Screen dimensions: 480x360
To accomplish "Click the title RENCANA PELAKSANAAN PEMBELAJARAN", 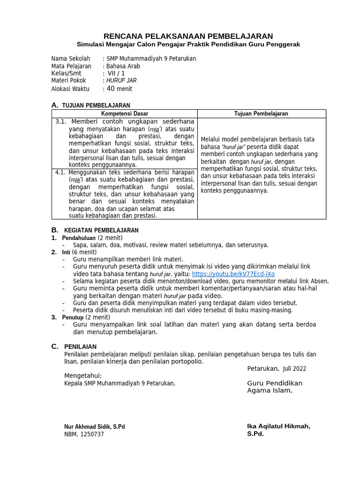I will [x=188, y=36].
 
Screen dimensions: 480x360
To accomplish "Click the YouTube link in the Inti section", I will [x=233, y=274].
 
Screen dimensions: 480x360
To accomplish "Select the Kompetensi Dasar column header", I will [x=124, y=114].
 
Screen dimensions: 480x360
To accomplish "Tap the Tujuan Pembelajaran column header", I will [x=261, y=114].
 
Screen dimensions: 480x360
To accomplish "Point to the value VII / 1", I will [x=116, y=73].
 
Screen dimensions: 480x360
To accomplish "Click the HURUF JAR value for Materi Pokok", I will [x=121, y=81].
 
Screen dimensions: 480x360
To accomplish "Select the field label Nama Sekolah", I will [x=70, y=59].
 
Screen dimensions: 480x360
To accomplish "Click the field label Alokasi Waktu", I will [x=70, y=89].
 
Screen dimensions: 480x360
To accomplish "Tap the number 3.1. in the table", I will [x=61, y=122].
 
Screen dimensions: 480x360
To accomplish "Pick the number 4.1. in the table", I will [x=61, y=172].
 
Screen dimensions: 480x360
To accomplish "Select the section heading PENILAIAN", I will [x=80, y=346].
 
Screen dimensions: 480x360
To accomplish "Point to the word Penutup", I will [x=73, y=317].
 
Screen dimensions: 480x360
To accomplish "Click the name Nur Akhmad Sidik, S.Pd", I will [x=94, y=427].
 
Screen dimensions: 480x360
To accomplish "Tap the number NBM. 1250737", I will [x=84, y=434].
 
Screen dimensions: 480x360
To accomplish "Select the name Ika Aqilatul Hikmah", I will [x=278, y=426].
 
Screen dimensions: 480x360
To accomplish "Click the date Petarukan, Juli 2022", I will [x=277, y=368].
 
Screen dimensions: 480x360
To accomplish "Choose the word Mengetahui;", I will [x=82, y=375].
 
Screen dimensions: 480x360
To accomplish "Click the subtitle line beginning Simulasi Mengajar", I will [x=188, y=45].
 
